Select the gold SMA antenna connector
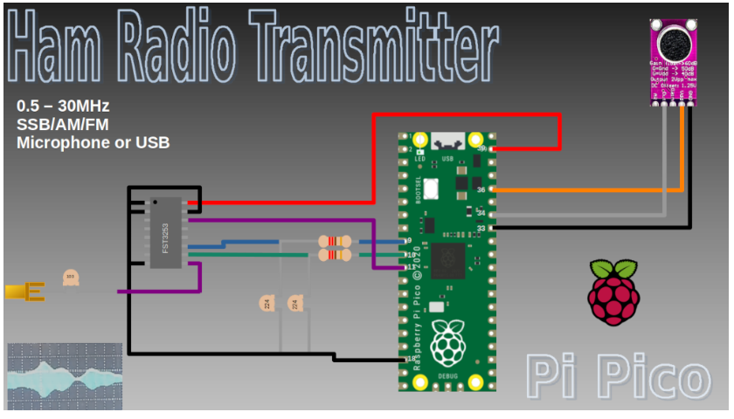pos(24,292)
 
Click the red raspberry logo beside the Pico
pos(615,292)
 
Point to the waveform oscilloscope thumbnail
pos(64,376)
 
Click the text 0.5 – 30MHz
pos(63,106)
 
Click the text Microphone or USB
pos(93,142)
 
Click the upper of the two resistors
pos(335,242)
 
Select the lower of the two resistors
pos(335,255)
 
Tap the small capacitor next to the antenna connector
pos(71,278)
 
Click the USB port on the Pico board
pos(448,140)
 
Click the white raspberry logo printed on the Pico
pos(448,342)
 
